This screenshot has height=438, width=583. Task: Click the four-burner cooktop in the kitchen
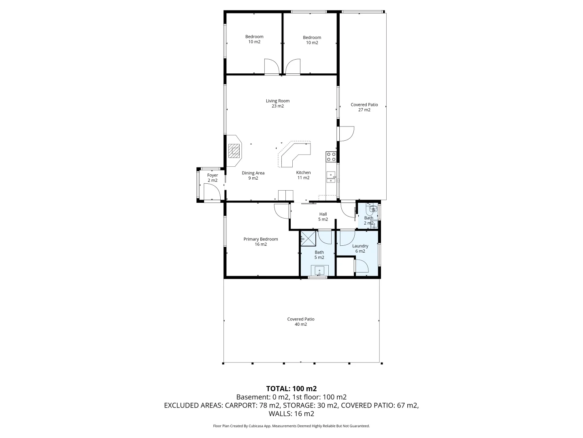point(331,157)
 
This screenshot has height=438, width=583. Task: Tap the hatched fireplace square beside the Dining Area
point(234,151)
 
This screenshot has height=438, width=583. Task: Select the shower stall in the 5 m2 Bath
point(308,238)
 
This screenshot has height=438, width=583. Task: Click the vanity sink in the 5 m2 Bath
point(319,271)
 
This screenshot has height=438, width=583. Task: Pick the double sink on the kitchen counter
point(331,177)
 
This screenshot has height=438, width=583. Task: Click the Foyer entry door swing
point(211,192)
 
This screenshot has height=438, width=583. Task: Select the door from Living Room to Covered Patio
point(346,134)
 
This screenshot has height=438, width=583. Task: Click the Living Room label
point(278,103)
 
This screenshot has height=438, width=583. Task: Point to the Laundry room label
point(360,249)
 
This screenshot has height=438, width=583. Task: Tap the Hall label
point(323,217)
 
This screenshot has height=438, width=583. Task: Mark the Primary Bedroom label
point(261,242)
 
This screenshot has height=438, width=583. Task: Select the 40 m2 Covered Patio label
point(301,322)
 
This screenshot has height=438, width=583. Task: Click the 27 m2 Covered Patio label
point(364,107)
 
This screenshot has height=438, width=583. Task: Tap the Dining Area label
point(253,175)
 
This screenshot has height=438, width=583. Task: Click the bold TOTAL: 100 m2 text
point(291,389)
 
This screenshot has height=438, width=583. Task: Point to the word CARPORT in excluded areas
point(240,405)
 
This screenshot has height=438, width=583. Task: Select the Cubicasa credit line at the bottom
point(291,426)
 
